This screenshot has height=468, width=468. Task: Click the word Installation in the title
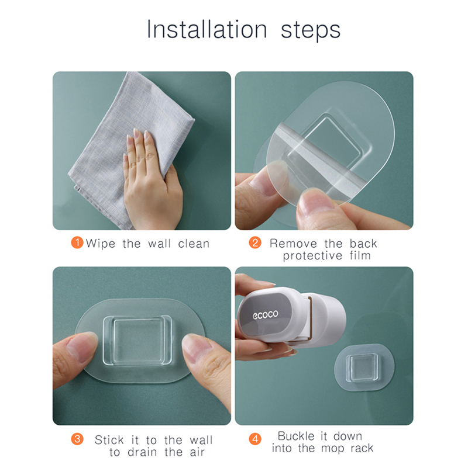tap(207, 29)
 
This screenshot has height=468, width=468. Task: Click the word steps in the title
tap(311, 31)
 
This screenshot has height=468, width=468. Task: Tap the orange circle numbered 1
tap(77, 242)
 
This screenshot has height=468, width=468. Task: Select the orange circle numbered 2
tap(255, 242)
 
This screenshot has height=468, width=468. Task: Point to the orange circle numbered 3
tap(77, 439)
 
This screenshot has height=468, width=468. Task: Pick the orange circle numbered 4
tap(255, 439)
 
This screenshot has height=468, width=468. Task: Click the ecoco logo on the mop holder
tap(266, 314)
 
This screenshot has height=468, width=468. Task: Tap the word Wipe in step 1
tap(101, 244)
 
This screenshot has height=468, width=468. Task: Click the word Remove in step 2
tap(293, 244)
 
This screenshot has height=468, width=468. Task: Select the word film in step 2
tap(360, 255)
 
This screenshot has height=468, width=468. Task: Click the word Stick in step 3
tap(109, 440)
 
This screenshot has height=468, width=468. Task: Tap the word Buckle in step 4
tap(296, 436)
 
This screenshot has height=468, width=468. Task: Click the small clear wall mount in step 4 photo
tap(364, 368)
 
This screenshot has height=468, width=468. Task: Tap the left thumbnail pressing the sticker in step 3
tap(78, 346)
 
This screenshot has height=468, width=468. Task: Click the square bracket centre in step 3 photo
tap(137, 340)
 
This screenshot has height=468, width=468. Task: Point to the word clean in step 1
tap(194, 244)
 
